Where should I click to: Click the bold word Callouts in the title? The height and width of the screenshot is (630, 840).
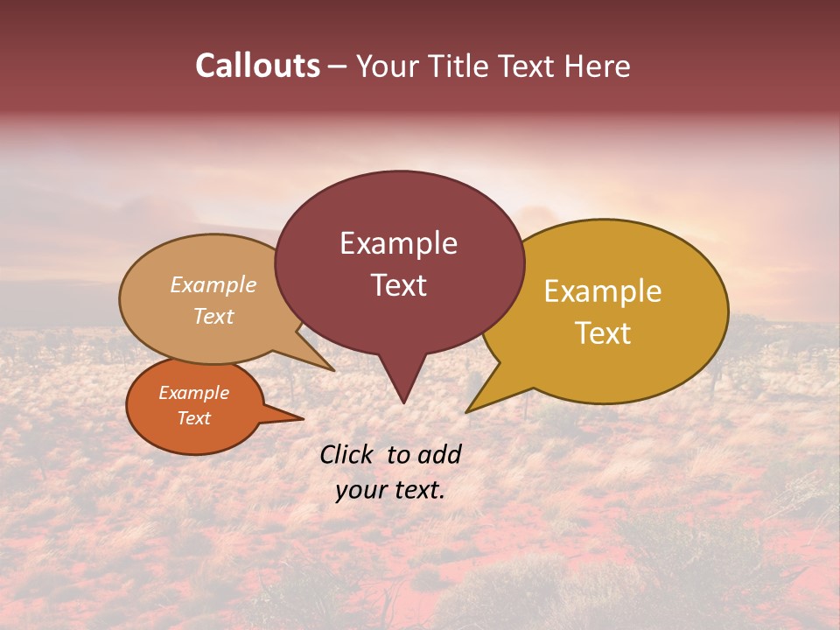pos(257,66)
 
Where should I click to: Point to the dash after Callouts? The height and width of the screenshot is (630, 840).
pos(337,66)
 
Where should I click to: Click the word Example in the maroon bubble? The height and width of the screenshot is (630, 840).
pos(398,243)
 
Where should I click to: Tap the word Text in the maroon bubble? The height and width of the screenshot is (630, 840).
pos(398,285)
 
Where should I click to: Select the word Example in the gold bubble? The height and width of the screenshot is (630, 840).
pos(603,291)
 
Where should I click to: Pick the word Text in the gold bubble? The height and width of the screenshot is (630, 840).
pos(603,333)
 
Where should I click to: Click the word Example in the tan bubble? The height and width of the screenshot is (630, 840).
pos(213,285)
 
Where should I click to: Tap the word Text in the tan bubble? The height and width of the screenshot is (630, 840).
pos(213,316)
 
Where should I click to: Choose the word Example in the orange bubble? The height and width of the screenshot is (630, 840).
pos(194,393)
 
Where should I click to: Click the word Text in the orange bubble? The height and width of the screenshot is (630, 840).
pos(194,418)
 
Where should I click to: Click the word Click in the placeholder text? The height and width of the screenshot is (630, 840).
pos(348,454)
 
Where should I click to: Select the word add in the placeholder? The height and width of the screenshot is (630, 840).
pos(439,454)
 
